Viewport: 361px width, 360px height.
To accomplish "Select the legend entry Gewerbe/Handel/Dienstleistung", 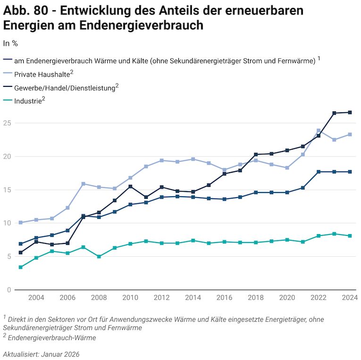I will pyautogui.click(x=65, y=88).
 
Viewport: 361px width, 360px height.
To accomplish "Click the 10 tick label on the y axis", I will pyautogui.click(x=7, y=223).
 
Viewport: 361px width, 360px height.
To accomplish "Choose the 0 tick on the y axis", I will pyautogui.click(x=8, y=290).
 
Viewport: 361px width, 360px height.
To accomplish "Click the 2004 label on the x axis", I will pyautogui.click(x=36, y=298).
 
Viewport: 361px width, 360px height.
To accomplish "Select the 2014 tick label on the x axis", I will pyautogui.click(x=193, y=298).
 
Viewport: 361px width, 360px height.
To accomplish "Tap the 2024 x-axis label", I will pyautogui.click(x=350, y=298).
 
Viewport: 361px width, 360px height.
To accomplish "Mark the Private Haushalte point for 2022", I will pyautogui.click(x=319, y=131).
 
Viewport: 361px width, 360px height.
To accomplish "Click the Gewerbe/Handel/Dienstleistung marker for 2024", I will pyautogui.click(x=350, y=112).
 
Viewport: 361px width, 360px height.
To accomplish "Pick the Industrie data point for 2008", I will pyautogui.click(x=99, y=257).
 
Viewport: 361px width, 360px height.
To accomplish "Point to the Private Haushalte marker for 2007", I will pyautogui.click(x=83, y=184).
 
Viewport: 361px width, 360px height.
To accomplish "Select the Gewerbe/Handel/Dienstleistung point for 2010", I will pyautogui.click(x=130, y=186).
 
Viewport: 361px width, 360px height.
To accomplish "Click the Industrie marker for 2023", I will pyautogui.click(x=334, y=234).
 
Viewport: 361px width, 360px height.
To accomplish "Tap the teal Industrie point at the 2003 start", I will pyautogui.click(x=20, y=267).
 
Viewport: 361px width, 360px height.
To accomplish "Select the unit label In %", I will pyautogui.click(x=10, y=43).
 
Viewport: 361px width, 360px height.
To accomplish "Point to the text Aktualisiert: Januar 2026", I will pyautogui.click(x=41, y=354).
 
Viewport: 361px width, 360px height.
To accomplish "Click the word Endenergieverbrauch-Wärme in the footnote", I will pyautogui.click(x=51, y=338).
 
